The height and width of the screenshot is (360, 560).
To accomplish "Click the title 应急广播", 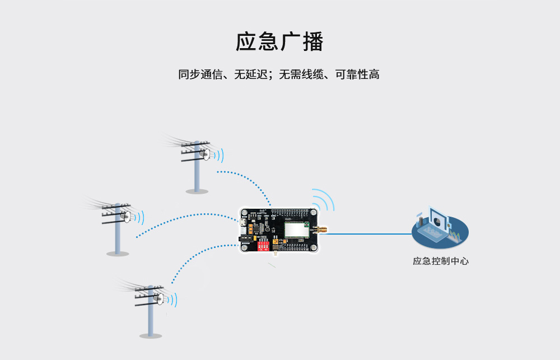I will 279,43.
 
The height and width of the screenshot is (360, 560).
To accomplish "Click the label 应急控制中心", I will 440,261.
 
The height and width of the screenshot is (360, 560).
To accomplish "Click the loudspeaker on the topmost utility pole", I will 207,155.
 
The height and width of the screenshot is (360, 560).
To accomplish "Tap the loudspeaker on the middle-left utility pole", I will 127,217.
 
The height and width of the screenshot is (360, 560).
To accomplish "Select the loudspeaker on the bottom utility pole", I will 160,299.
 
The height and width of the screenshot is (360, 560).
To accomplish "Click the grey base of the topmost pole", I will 197,191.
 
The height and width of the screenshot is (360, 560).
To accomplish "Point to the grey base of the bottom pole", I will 151,336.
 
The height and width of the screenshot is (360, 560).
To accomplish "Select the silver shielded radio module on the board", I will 296,230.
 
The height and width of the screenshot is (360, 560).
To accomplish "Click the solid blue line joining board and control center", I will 370,233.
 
